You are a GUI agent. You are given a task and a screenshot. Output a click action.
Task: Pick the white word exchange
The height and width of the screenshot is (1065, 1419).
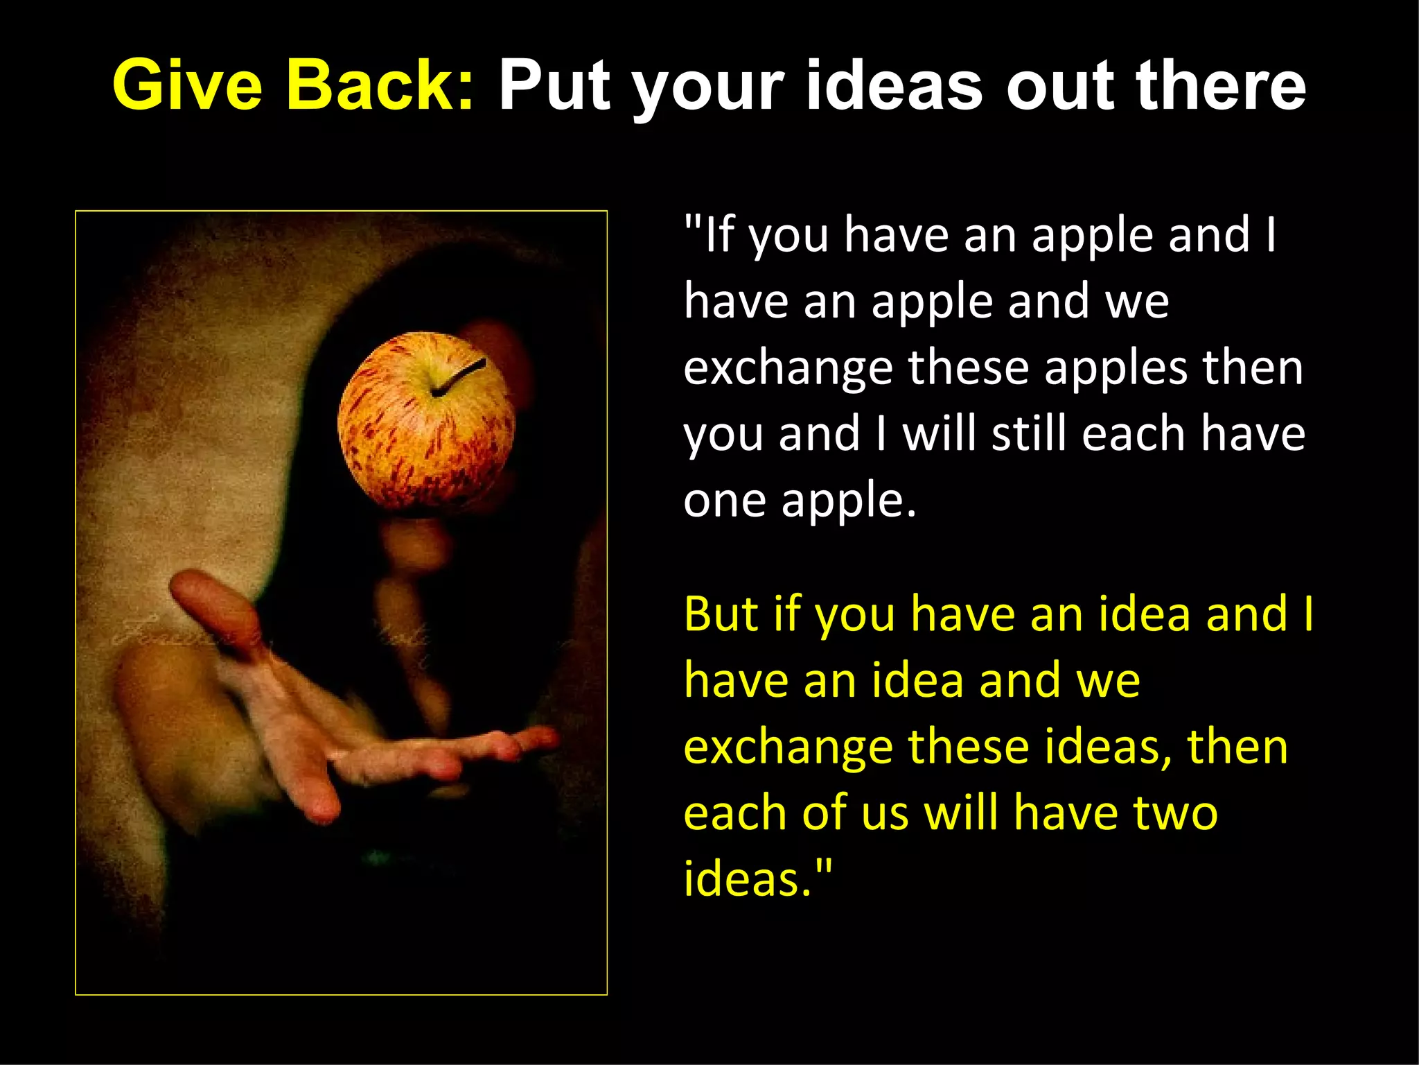pyautogui.click(x=788, y=369)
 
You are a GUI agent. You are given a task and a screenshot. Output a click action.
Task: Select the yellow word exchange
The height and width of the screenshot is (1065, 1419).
pyautogui.click(x=788, y=748)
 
